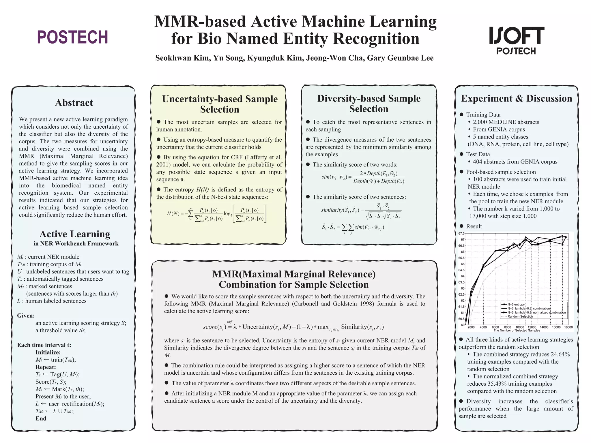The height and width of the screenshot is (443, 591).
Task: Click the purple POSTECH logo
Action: pyautogui.click(x=73, y=37)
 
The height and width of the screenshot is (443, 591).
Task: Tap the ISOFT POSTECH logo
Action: pyautogui.click(x=517, y=40)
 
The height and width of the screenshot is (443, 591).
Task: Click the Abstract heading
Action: pyautogui.click(x=74, y=103)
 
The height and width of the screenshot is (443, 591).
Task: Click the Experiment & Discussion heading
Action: pyautogui.click(x=516, y=98)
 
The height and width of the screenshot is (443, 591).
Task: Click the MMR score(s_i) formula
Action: pyautogui.click(x=293, y=326)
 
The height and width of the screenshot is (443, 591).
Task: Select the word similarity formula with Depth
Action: pyautogui.click(x=363, y=177)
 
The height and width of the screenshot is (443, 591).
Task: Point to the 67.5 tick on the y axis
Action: pyautogui.click(x=461, y=233)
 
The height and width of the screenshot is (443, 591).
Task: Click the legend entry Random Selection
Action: pyautogui.click(x=520, y=316)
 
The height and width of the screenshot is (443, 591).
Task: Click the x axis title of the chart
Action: pyautogui.click(x=517, y=331)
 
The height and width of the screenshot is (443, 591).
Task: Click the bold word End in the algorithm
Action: pyautogui.click(x=41, y=418)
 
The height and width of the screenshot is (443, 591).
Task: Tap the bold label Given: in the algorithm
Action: pyautogui.click(x=26, y=316)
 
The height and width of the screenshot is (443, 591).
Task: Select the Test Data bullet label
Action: pyautogui.click(x=478, y=154)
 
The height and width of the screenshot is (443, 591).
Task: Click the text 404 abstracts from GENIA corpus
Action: pyautogui.click(x=515, y=162)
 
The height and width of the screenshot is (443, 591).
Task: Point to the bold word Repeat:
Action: pyautogui.click(x=46, y=367)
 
